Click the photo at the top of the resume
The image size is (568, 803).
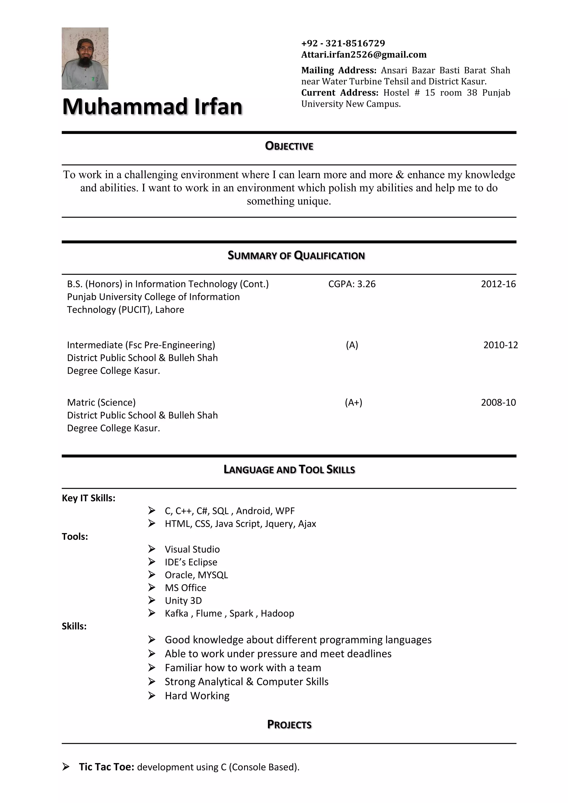pyautogui.click(x=85, y=59)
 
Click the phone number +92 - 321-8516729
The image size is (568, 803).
pyautogui.click(x=343, y=43)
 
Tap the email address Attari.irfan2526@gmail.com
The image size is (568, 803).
pyautogui.click(x=364, y=55)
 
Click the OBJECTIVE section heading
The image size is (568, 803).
pyautogui.click(x=289, y=146)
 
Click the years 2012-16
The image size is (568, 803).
pyautogui.click(x=498, y=284)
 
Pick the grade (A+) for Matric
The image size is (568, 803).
pyautogui.click(x=353, y=402)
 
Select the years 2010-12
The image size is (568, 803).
pyautogui.click(x=500, y=345)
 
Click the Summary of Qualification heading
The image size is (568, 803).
pyautogui.click(x=296, y=256)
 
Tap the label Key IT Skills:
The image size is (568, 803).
pyautogui.click(x=88, y=498)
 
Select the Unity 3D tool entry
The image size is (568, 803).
pyautogui.click(x=183, y=601)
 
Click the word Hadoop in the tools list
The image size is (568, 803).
pyautogui.click(x=277, y=614)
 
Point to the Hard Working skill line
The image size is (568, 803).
pyautogui.click(x=197, y=696)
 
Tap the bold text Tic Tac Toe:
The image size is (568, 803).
pyautogui.click(x=106, y=767)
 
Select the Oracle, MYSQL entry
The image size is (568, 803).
pyautogui.click(x=196, y=575)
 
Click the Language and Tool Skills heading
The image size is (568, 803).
pyautogui.click(x=289, y=470)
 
